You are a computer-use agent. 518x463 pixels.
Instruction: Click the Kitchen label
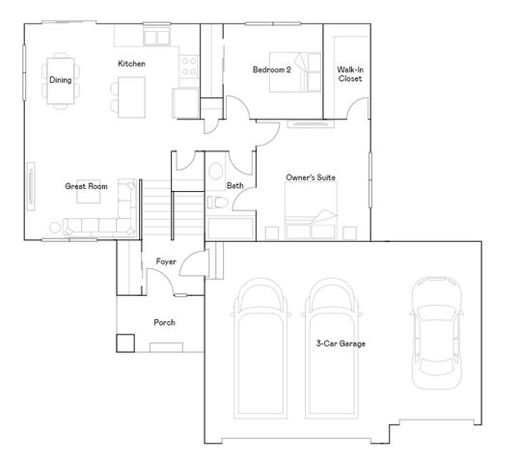point(131,64)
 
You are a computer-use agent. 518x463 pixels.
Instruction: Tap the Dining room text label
point(60,80)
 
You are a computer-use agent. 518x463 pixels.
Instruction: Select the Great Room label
point(86,186)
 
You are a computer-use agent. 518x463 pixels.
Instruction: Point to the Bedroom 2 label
point(271,69)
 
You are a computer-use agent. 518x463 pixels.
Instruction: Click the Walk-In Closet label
point(349,74)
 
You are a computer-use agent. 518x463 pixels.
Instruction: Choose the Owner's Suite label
point(311,177)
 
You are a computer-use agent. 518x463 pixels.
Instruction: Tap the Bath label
point(234,185)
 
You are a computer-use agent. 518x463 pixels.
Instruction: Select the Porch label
point(164,322)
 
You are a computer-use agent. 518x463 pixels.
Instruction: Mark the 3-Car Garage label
point(341,343)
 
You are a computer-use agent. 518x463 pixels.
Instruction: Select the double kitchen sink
point(155,37)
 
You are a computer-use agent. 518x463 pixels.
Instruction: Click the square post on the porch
point(124,342)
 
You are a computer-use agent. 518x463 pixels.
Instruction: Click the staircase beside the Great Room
point(156,206)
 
